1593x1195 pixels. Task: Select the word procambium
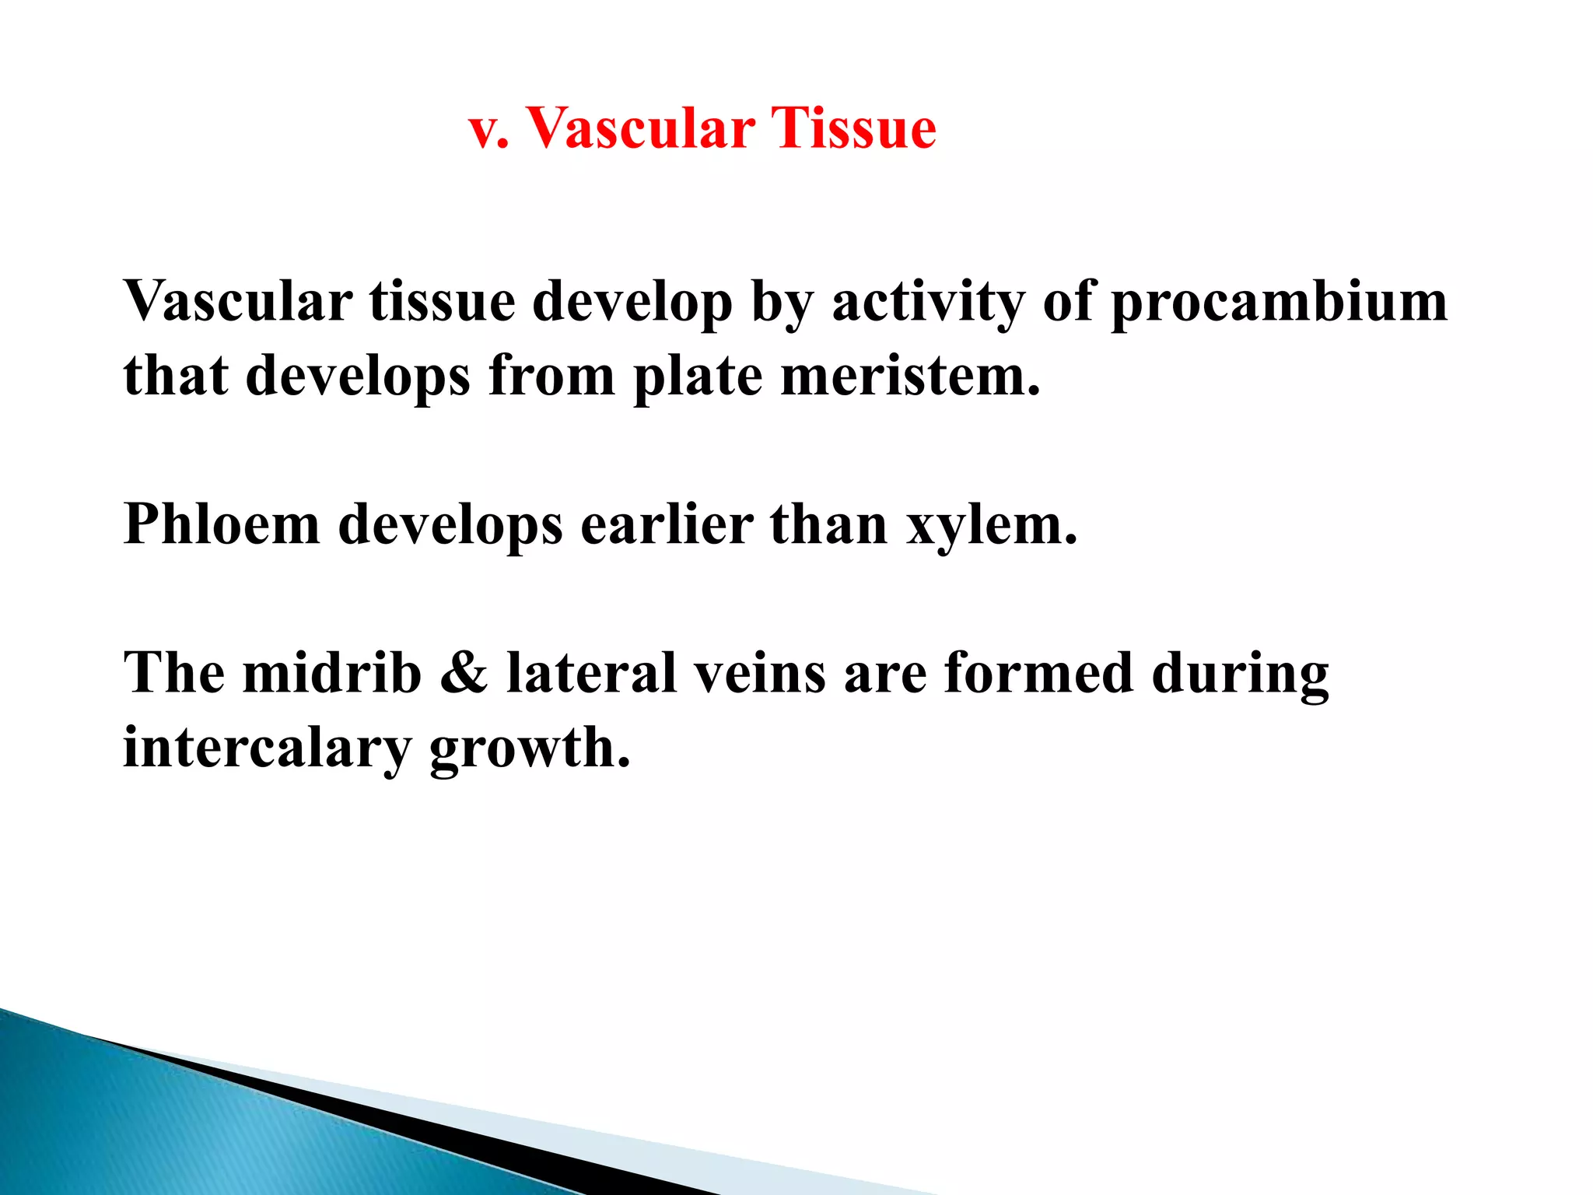[1279, 302]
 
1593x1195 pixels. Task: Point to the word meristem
[909, 376]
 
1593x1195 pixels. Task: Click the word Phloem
[222, 524]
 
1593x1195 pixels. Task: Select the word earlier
[667, 524]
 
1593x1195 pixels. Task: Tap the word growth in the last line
[530, 748]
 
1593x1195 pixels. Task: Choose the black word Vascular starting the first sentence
[238, 302]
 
